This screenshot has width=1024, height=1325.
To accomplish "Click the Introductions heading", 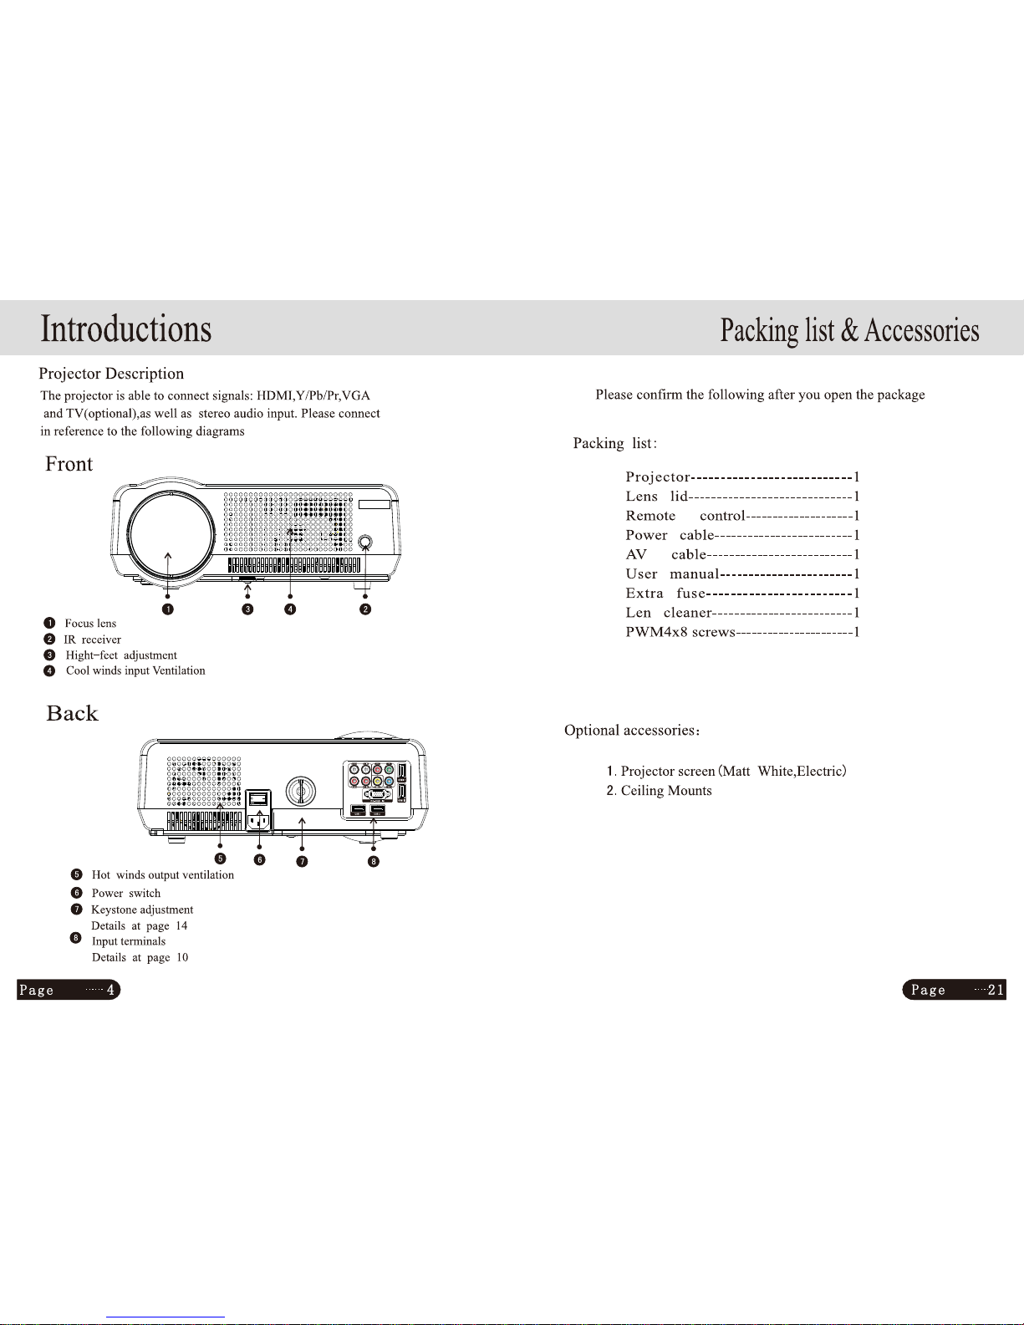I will pyautogui.click(x=126, y=329).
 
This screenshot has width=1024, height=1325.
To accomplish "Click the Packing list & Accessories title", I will pyautogui.click(x=849, y=330).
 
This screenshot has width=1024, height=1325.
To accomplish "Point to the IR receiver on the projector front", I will pyautogui.click(x=365, y=543).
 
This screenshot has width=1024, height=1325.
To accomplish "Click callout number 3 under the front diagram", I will pyautogui.click(x=247, y=609).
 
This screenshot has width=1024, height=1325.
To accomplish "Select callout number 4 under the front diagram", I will pyautogui.click(x=290, y=609).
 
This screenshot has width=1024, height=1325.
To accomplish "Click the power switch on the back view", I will pyautogui.click(x=259, y=799).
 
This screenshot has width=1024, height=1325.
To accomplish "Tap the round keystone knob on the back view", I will pyautogui.click(x=301, y=790).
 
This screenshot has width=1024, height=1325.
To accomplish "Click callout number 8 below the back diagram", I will pyautogui.click(x=374, y=861).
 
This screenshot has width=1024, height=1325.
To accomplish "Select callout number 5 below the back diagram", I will pyautogui.click(x=221, y=859).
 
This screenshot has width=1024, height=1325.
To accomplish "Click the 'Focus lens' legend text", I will pyautogui.click(x=90, y=624).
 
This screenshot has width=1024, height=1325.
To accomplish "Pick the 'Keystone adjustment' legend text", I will pyautogui.click(x=142, y=910).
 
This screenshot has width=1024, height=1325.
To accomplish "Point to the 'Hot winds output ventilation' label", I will pyautogui.click(x=162, y=875).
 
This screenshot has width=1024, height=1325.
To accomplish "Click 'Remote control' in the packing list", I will pyautogui.click(x=685, y=516).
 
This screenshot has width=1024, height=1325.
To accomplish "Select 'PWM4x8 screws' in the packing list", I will pyautogui.click(x=680, y=632).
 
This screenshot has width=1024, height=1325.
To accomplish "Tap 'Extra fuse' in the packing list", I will pyautogui.click(x=665, y=594).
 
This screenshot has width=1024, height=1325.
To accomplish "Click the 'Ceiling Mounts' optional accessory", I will pyautogui.click(x=666, y=791).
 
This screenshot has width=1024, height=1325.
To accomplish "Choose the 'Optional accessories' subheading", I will pyautogui.click(x=631, y=731).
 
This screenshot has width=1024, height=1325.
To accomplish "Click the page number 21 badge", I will pyautogui.click(x=954, y=990).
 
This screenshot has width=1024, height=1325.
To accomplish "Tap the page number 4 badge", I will pyautogui.click(x=69, y=990).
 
